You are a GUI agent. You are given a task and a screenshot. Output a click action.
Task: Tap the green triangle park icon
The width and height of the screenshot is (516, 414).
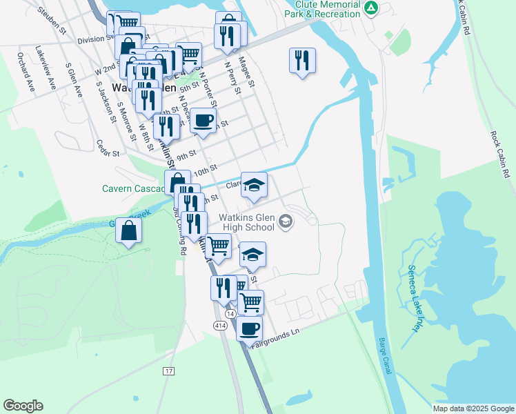tap(371, 8)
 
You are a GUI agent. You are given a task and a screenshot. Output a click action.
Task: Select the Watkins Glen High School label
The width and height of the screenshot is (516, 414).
tap(247, 221)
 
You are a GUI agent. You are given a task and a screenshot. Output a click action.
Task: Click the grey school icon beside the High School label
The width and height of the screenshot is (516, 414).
tap(286, 222)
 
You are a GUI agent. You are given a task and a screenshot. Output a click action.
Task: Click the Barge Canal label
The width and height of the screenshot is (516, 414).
tap(384, 356)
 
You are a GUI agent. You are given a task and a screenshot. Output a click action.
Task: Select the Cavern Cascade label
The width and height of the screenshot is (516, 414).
tap(132, 188)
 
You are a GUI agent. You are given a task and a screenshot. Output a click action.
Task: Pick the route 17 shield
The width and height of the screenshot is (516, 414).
tap(169, 371)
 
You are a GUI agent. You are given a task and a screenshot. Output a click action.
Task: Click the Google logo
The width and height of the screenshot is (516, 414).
tap(23, 406)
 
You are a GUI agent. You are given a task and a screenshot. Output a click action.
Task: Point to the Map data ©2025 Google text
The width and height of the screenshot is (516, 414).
tap(473, 408)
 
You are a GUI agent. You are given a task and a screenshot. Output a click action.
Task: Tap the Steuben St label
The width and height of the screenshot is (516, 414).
tap(52, 21)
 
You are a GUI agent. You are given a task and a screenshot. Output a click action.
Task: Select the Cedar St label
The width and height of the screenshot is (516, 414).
tap(108, 148)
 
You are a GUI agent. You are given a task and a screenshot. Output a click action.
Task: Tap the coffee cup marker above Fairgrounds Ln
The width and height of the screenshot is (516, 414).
tap(249, 328)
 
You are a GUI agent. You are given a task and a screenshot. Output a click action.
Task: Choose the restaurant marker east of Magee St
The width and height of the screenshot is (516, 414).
tap(302, 61)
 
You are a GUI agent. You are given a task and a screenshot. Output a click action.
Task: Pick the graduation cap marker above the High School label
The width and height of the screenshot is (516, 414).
tap(254, 185)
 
